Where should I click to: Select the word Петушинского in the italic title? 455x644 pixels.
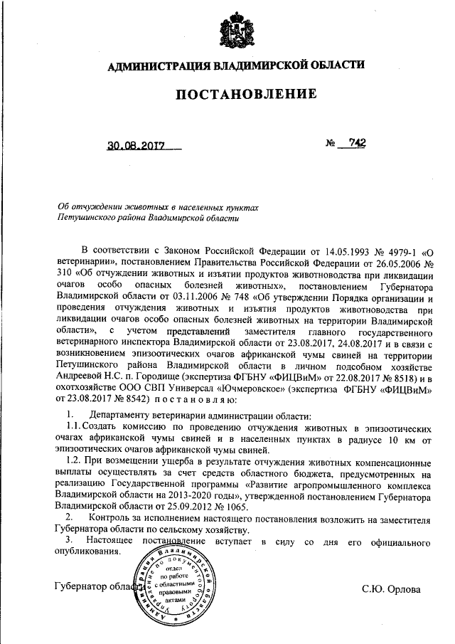click(87, 217)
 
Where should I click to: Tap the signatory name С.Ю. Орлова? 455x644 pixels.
click(391, 588)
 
